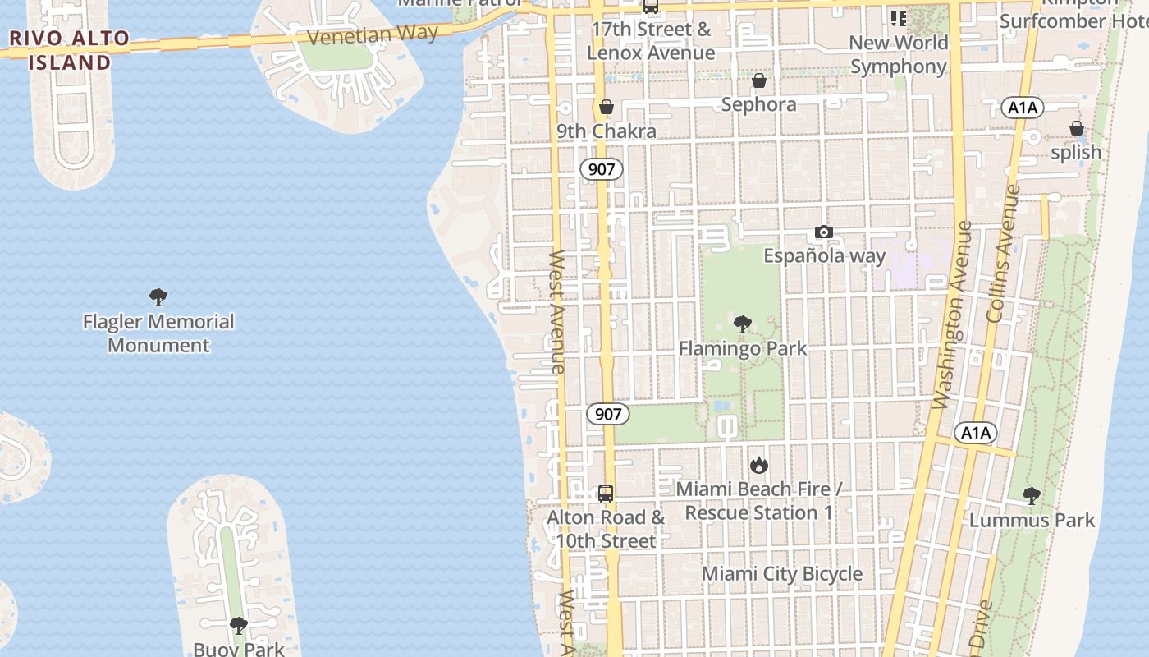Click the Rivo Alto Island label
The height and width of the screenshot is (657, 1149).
pos(70,50)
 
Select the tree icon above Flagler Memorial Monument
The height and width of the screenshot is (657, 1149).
pos(158,297)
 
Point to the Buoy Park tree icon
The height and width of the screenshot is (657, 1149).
pos(239,627)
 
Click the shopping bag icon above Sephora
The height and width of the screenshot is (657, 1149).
pos(759,80)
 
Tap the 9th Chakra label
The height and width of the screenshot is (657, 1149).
pos(607,131)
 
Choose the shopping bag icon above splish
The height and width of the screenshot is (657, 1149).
pos(1076,128)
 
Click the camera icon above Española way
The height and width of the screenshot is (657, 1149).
pos(824,232)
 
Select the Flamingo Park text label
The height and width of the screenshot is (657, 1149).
pos(743,348)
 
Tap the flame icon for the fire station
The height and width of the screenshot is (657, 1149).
pos(759,466)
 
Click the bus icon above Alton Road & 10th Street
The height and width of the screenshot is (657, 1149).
pos(606,494)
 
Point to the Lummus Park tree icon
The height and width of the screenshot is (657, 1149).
pos(1032,496)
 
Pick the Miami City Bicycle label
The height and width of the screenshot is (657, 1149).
pos(782,574)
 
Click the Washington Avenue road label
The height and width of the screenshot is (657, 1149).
pos(952,315)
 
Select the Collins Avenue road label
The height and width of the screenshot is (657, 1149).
pos(1002,253)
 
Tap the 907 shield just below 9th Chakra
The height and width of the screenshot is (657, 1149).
pos(602,170)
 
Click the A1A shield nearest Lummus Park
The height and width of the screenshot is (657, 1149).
pos(976,433)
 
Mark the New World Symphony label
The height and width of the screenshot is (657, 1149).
pos(899,54)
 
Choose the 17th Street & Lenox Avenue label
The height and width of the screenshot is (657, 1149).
pos(651,41)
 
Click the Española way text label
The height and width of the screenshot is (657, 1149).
pos(825,255)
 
